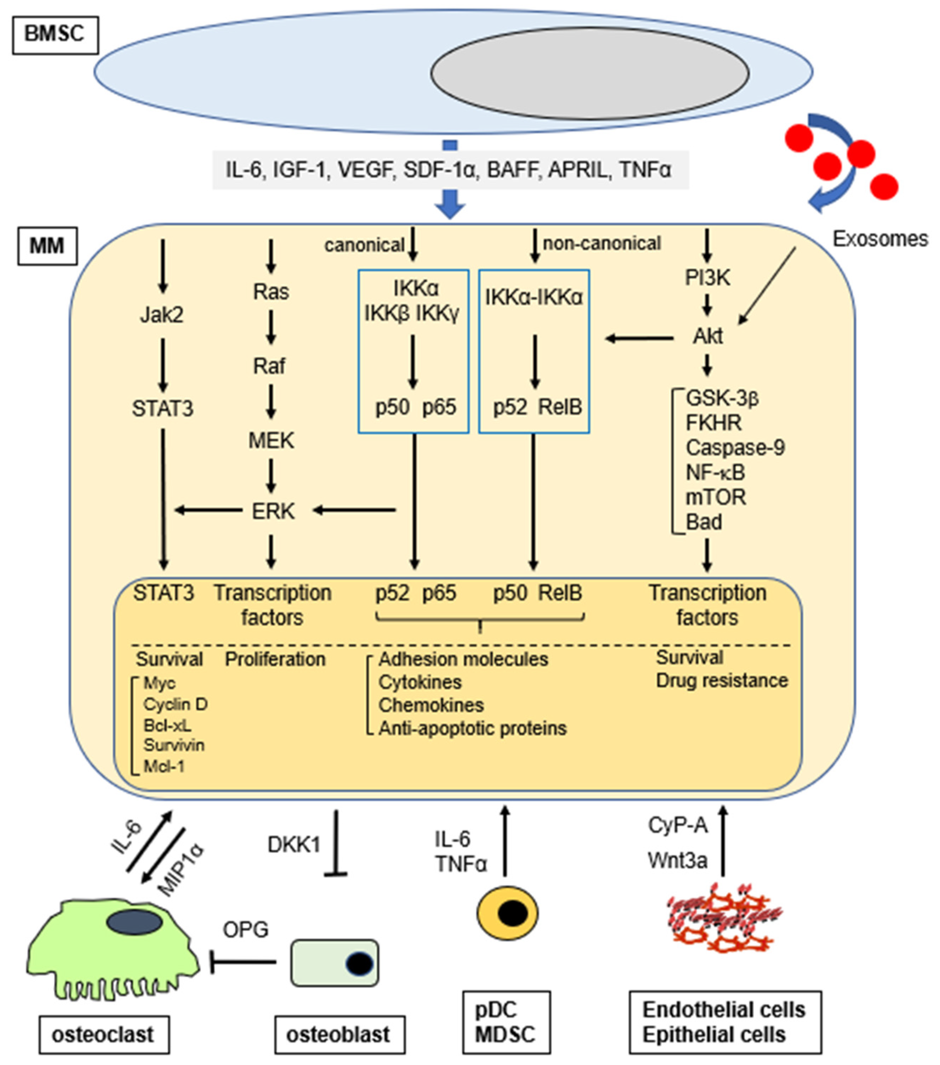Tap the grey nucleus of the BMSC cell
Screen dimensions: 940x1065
point(590,73)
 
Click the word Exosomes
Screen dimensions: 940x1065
point(880,239)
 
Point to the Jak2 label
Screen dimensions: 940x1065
point(162,315)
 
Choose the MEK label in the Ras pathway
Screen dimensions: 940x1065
point(271,441)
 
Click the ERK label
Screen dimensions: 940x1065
point(273,511)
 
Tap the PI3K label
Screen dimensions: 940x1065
point(707,278)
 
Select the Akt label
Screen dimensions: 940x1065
point(707,336)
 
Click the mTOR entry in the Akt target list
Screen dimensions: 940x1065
point(715,497)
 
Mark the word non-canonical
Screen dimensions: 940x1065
point(602,243)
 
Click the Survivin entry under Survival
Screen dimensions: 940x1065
point(174,745)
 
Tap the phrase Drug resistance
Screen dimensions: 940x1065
point(722,680)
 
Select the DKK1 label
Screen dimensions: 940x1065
point(293,845)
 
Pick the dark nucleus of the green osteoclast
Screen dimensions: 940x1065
point(134,922)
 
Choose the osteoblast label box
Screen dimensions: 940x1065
point(339,1034)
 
